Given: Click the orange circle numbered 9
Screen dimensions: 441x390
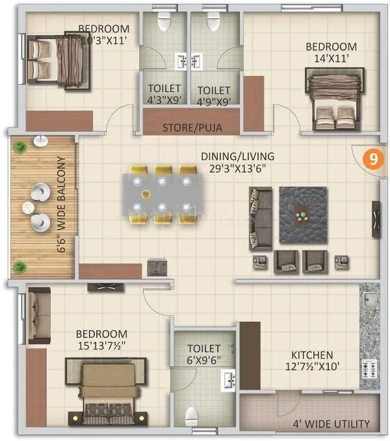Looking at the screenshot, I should (x=372, y=160).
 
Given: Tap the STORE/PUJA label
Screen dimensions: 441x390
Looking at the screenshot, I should (x=192, y=128).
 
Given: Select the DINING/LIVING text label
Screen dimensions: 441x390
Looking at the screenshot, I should (x=237, y=162).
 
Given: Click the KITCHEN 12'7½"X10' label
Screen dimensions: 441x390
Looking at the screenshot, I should (x=312, y=361).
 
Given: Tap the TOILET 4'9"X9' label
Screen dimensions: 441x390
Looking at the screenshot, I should (x=214, y=95).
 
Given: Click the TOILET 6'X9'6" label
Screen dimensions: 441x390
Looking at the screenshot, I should (x=204, y=354).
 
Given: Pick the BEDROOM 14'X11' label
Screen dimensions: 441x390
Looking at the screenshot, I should (x=331, y=53).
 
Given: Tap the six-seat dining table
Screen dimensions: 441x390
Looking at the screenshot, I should (x=159, y=194).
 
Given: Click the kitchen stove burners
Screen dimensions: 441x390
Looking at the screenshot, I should (x=370, y=369).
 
